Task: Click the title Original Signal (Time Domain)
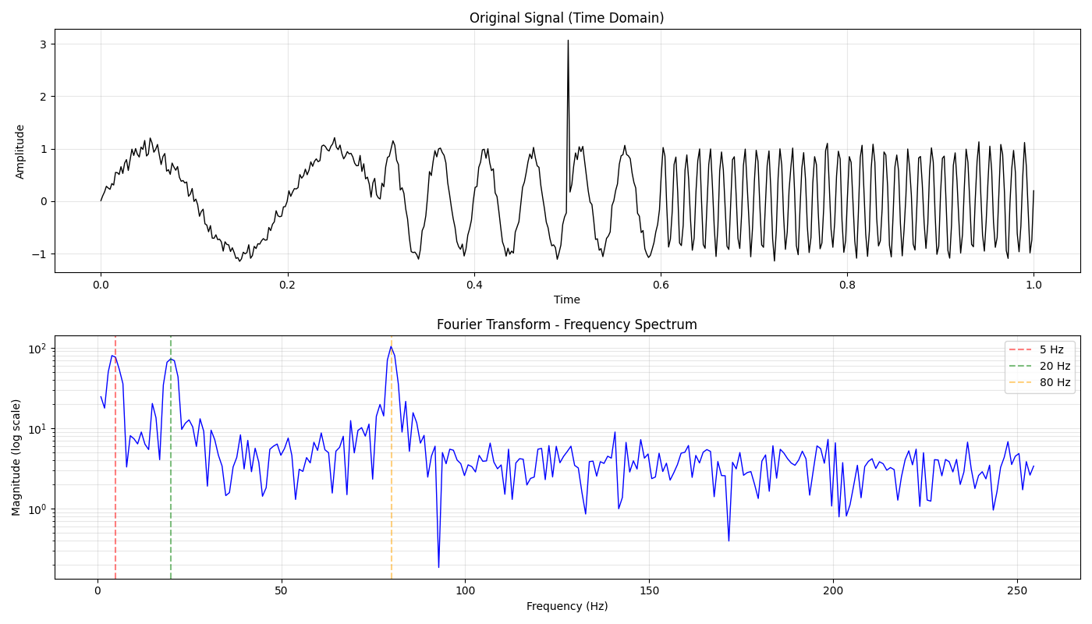[566, 18]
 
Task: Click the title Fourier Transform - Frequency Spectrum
[566, 324]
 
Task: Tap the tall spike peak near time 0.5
[568, 41]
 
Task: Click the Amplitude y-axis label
[20, 151]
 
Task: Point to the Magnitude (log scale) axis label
[16, 457]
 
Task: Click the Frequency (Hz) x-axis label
[566, 606]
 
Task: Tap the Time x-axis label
[566, 300]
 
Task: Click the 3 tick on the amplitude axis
[44, 44]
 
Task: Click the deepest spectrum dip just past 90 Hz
[438, 567]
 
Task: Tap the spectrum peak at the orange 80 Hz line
[391, 346]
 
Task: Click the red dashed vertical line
[115, 468]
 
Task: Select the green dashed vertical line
[171, 468]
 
